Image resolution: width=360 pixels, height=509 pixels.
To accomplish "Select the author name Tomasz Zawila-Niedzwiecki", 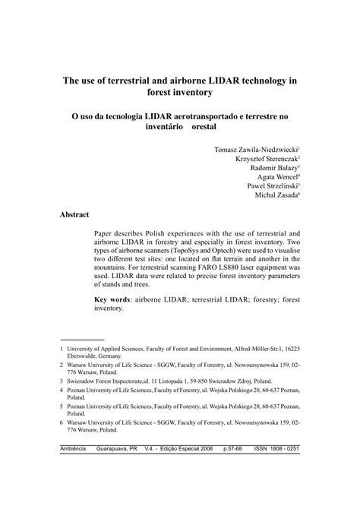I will [x=255, y=150].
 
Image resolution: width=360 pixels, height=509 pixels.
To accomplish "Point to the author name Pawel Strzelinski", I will [x=271, y=195].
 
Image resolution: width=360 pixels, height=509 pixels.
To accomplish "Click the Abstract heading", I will [x=74, y=215].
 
